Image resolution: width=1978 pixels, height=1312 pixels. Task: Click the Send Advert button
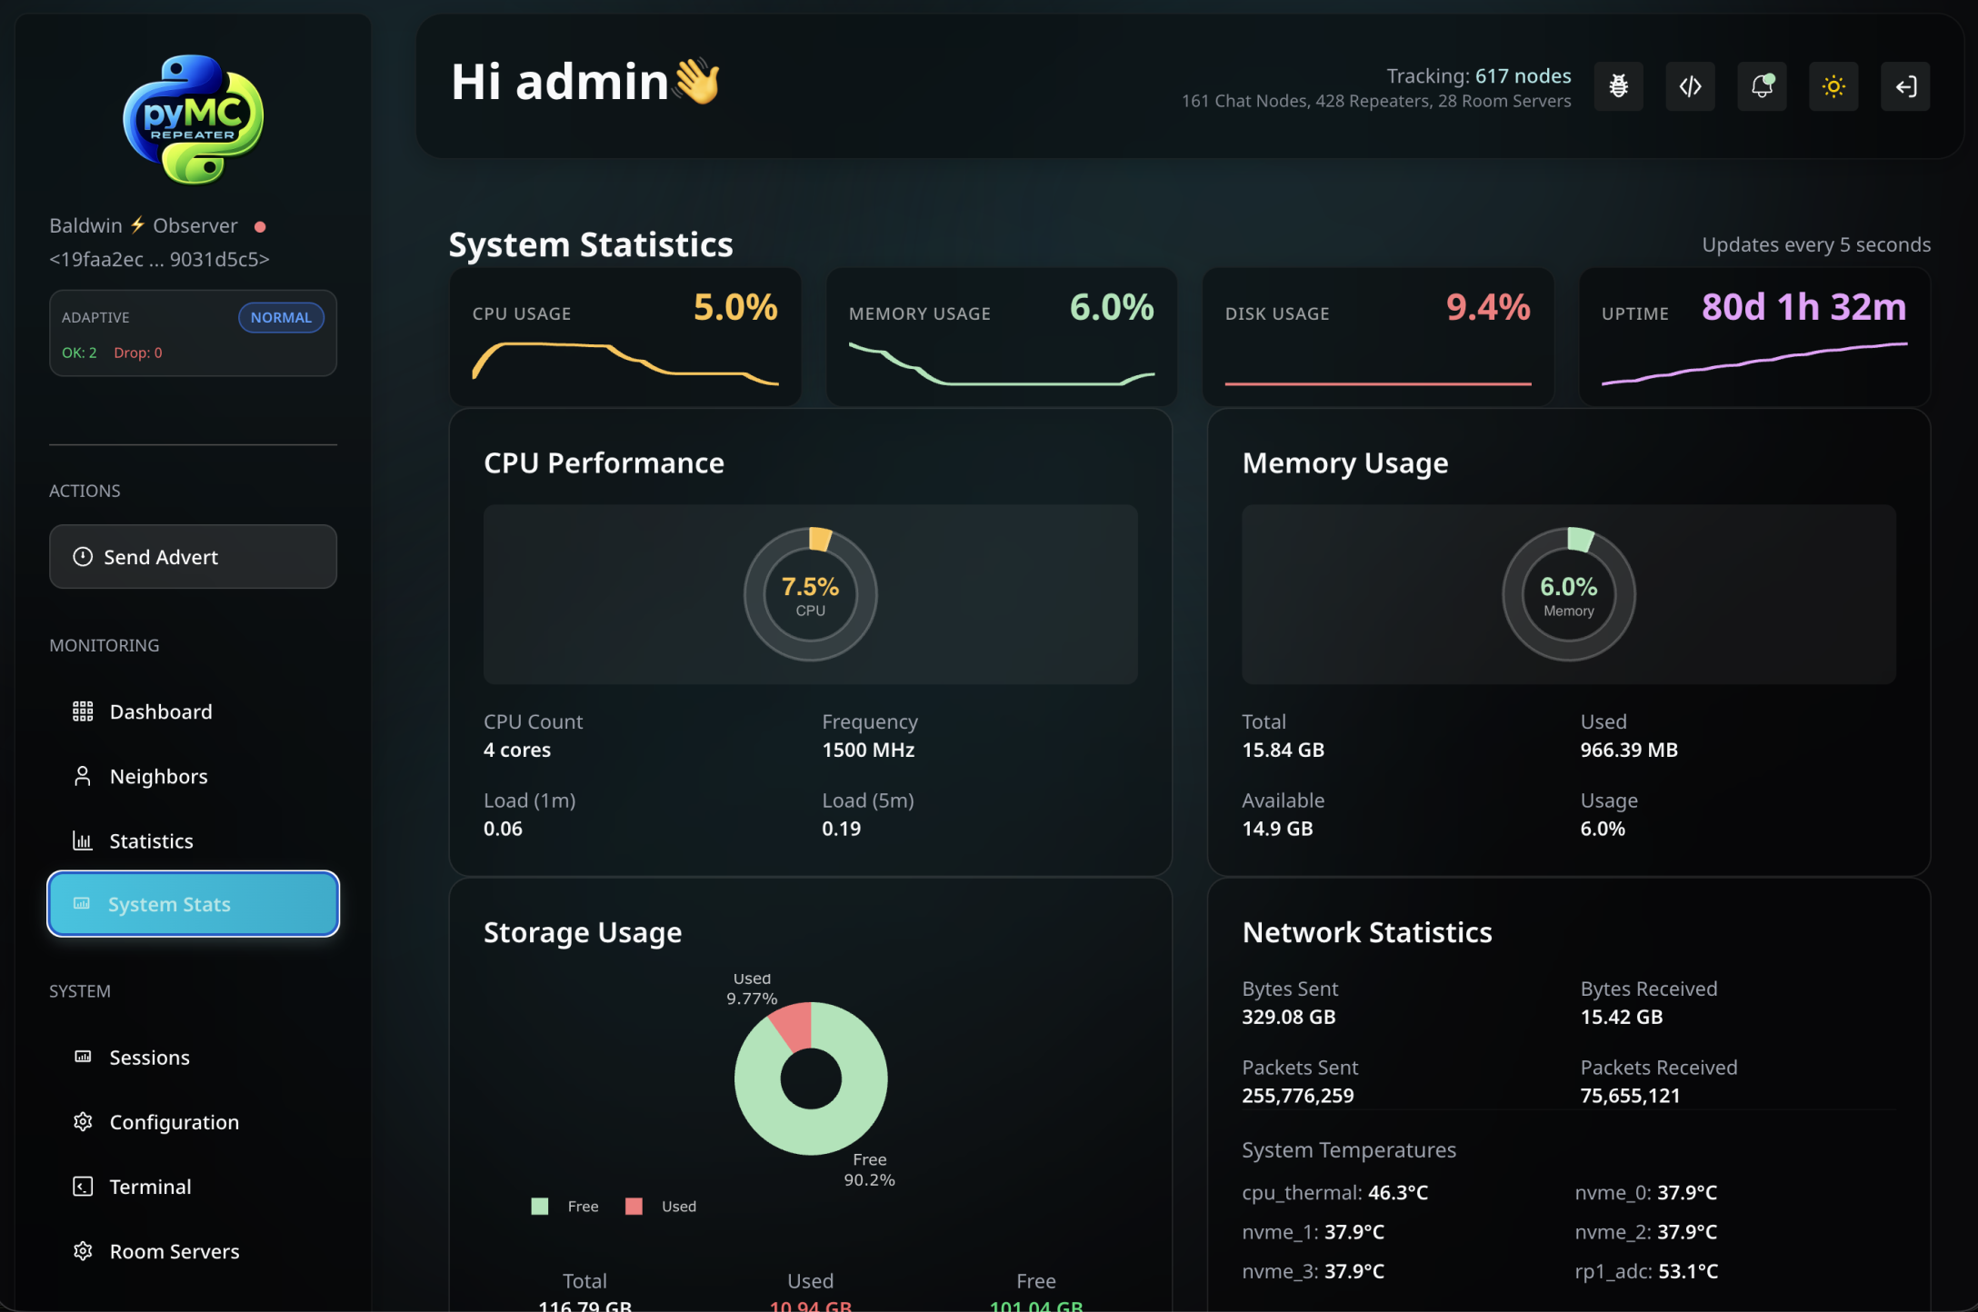click(193, 557)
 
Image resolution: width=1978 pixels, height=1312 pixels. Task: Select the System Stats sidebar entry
click(193, 904)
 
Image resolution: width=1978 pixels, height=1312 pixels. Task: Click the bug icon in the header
click(1619, 86)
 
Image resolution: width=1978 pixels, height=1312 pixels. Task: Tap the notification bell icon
click(1762, 86)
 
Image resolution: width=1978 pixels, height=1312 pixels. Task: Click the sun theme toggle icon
click(1833, 86)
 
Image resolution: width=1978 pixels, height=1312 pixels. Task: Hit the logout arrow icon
click(1905, 86)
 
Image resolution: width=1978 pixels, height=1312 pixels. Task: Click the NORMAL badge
click(281, 317)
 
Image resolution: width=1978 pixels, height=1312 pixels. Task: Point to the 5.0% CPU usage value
click(735, 307)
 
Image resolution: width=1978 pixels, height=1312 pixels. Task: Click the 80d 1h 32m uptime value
click(1803, 307)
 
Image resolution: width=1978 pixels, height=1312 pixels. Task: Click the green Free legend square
click(540, 1207)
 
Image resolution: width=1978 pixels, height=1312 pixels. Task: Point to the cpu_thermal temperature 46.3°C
click(1398, 1192)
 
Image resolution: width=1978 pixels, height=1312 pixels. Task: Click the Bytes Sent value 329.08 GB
click(1289, 1017)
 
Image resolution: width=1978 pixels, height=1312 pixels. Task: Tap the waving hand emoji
click(697, 81)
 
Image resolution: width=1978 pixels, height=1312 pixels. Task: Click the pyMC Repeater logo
click(193, 119)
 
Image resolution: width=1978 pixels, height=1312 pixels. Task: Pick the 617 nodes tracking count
click(1523, 76)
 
